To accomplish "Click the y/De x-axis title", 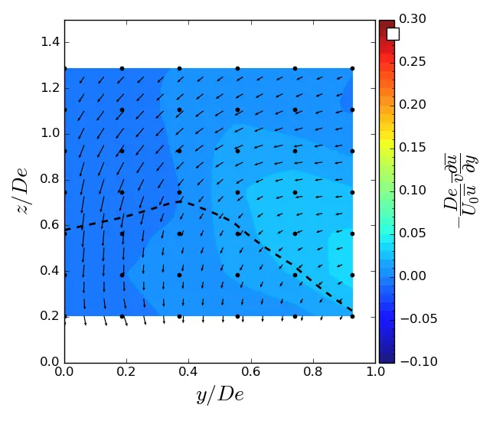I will point(220,394).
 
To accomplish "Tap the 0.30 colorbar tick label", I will point(412,18).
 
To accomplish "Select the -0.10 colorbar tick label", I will point(414,361).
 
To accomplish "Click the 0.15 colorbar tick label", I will point(412,104).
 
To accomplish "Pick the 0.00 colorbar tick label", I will point(412,276).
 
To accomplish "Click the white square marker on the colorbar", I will point(393,34).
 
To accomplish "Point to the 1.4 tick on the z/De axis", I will point(51,42).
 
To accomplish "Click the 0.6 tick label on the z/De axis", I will point(51,225).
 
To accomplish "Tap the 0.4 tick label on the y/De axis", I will point(188,373).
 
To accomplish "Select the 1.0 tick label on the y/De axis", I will point(375,373).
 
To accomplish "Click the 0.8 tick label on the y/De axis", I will point(313,373).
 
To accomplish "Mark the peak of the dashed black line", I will point(180,201).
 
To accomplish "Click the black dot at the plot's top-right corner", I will point(352,68).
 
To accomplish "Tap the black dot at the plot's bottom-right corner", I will point(352,315).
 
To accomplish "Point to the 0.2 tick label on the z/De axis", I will point(51,316).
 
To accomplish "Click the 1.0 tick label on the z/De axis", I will point(51,133).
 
